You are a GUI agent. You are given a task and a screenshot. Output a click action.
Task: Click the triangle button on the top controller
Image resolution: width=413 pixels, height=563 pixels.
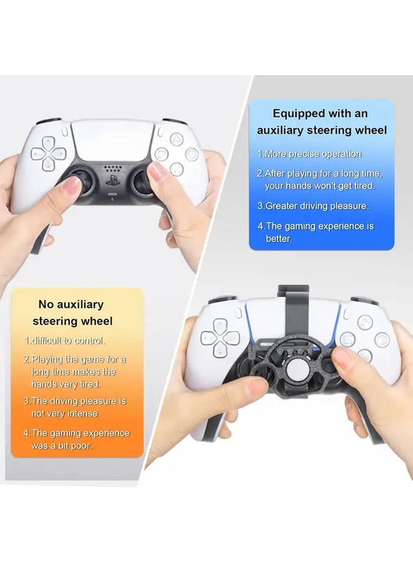(177, 138)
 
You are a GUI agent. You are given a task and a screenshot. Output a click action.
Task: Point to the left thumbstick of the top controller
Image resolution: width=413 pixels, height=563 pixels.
(74, 180)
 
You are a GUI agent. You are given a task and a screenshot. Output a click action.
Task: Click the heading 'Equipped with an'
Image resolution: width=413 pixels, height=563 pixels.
(320, 113)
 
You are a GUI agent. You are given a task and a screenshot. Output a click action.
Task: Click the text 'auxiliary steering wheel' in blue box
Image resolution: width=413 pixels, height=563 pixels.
(322, 130)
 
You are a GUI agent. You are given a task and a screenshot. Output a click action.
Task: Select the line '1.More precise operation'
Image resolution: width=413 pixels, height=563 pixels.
(309, 154)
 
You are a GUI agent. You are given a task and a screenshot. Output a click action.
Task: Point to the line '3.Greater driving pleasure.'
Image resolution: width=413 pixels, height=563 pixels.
(313, 206)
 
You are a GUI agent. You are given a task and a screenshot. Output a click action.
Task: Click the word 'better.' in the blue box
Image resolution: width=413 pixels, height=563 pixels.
(278, 239)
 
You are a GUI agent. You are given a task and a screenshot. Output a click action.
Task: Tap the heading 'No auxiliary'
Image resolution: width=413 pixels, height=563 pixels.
(71, 305)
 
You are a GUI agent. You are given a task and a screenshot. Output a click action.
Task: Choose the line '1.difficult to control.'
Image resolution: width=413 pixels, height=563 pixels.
(64, 341)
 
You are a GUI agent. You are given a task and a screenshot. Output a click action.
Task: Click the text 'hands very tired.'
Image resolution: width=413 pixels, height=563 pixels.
(66, 385)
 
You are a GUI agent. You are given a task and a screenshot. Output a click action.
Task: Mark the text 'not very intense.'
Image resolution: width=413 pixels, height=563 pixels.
(66, 413)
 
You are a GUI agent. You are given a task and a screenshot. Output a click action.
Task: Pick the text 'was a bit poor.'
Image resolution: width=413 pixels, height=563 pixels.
(62, 446)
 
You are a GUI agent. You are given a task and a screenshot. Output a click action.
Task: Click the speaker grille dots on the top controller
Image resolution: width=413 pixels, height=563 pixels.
(111, 168)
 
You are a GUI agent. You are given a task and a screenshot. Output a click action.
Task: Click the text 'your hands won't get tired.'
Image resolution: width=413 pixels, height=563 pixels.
(319, 186)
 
